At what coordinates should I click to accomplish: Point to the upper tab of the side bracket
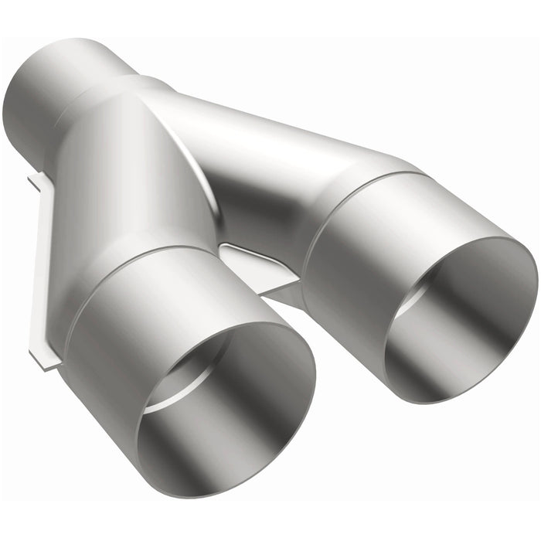35,184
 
